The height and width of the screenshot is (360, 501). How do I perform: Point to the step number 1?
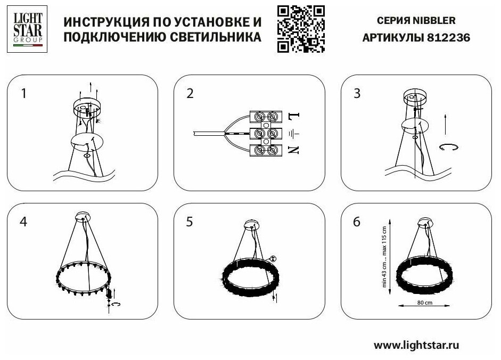(23, 94)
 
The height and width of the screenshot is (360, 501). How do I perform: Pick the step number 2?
(190, 94)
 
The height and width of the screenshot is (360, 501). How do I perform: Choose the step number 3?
(357, 94)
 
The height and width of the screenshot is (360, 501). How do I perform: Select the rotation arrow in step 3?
(449, 148)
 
